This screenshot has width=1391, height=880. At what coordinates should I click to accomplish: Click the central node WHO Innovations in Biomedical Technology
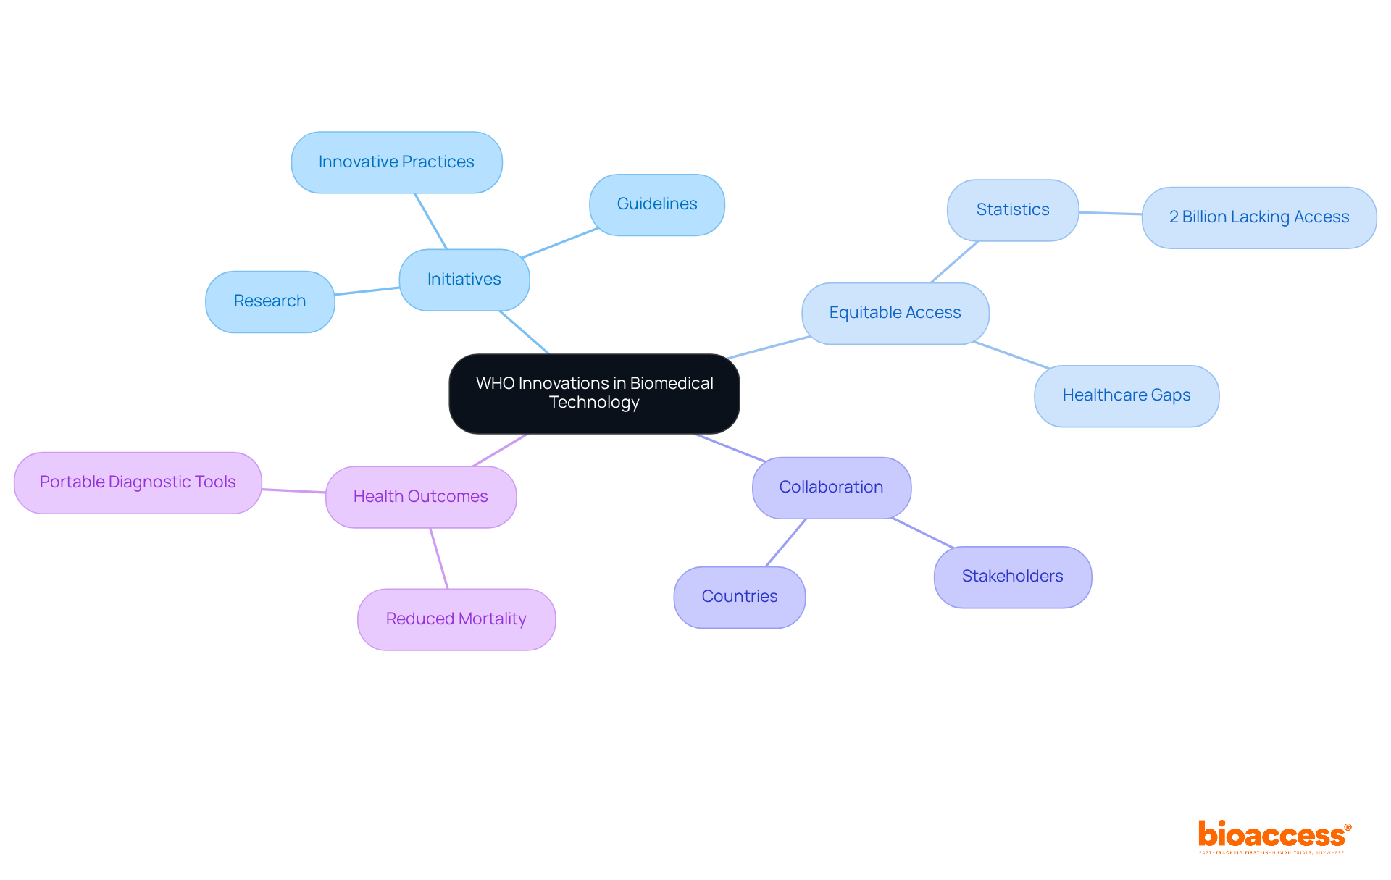[x=594, y=393]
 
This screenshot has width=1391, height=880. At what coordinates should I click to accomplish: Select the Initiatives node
[x=464, y=280]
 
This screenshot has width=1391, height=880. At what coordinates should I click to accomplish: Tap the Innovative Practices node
[x=396, y=162]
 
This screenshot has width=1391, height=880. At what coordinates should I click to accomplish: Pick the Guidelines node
[x=657, y=204]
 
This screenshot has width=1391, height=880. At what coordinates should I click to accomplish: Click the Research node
[x=270, y=301]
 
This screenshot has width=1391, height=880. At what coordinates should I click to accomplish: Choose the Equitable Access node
[x=895, y=313]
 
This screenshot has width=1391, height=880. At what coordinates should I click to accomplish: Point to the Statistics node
[x=1013, y=210]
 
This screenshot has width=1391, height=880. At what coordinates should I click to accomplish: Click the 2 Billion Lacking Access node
[x=1259, y=217]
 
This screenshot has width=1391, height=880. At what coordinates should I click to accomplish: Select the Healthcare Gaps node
[x=1127, y=395]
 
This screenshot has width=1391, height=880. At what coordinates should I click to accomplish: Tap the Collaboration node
[x=831, y=487]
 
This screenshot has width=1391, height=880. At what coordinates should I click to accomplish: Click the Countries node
[x=740, y=597]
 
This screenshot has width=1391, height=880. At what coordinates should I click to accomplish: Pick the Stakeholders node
[x=1013, y=577]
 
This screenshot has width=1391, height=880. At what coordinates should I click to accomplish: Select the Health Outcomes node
[x=421, y=497]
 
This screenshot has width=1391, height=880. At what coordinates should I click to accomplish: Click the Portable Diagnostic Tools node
[x=138, y=482]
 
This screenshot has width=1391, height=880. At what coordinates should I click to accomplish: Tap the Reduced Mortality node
[x=456, y=619]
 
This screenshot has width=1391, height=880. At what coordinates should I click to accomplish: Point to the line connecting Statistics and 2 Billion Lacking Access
[x=1111, y=213]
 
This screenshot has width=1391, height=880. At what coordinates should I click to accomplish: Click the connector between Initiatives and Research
[x=367, y=290]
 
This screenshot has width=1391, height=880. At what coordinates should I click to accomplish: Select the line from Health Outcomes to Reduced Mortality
[x=439, y=558]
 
